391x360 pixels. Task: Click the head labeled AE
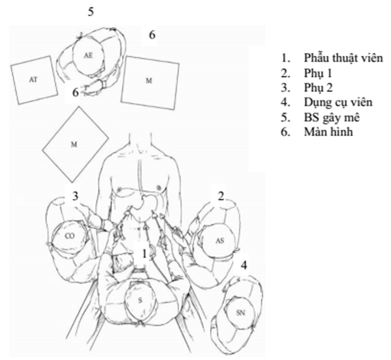pyautogui.click(x=88, y=56)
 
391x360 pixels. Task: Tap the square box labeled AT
pyautogui.click(x=34, y=80)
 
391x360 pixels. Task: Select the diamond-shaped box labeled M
pyautogui.click(x=75, y=144)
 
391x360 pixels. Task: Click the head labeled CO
pyautogui.click(x=70, y=236)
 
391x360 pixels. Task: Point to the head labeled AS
pyautogui.click(x=219, y=240)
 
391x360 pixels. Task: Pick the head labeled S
pyautogui.click(x=140, y=300)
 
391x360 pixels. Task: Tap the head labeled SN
pyautogui.click(x=239, y=312)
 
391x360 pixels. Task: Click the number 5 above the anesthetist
pyautogui.click(x=90, y=12)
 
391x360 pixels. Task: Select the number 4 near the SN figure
pyautogui.click(x=244, y=265)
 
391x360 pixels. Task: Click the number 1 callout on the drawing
pyautogui.click(x=145, y=254)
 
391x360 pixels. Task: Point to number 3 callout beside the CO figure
pyautogui.click(x=75, y=196)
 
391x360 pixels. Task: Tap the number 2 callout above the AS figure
pyautogui.click(x=221, y=197)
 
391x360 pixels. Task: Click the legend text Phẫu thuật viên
pyautogui.click(x=343, y=58)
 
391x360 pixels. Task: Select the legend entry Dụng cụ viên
pyautogui.click(x=338, y=103)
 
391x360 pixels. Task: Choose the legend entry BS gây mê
pyautogui.click(x=332, y=117)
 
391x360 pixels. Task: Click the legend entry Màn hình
pyautogui.click(x=328, y=132)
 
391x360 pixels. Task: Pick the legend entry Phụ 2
pyautogui.click(x=318, y=88)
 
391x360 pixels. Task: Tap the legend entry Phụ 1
pyautogui.click(x=317, y=73)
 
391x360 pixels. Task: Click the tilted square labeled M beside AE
pyautogui.click(x=149, y=83)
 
